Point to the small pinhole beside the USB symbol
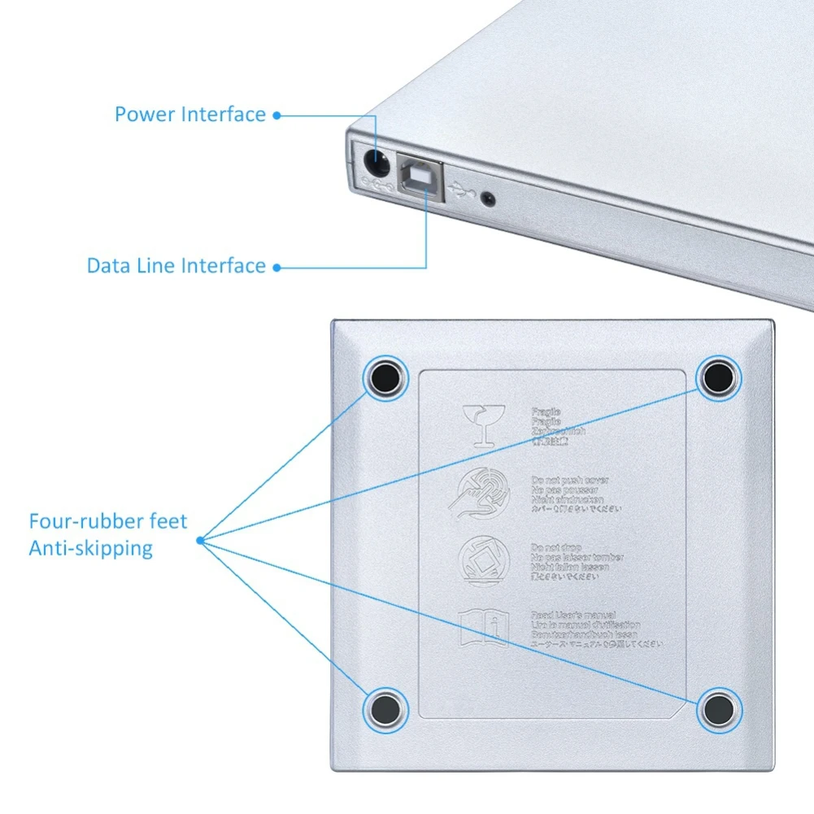[x=488, y=197]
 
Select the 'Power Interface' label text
[x=190, y=114]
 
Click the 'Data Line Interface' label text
[x=176, y=266]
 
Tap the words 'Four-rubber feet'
[x=108, y=521]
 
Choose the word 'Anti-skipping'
[x=91, y=548]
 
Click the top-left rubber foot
[x=385, y=377]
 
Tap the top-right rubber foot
[x=718, y=377]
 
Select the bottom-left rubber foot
[x=385, y=707]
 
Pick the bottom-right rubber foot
[x=719, y=708]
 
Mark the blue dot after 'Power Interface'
[x=276, y=115]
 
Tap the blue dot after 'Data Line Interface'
[x=276, y=267]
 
